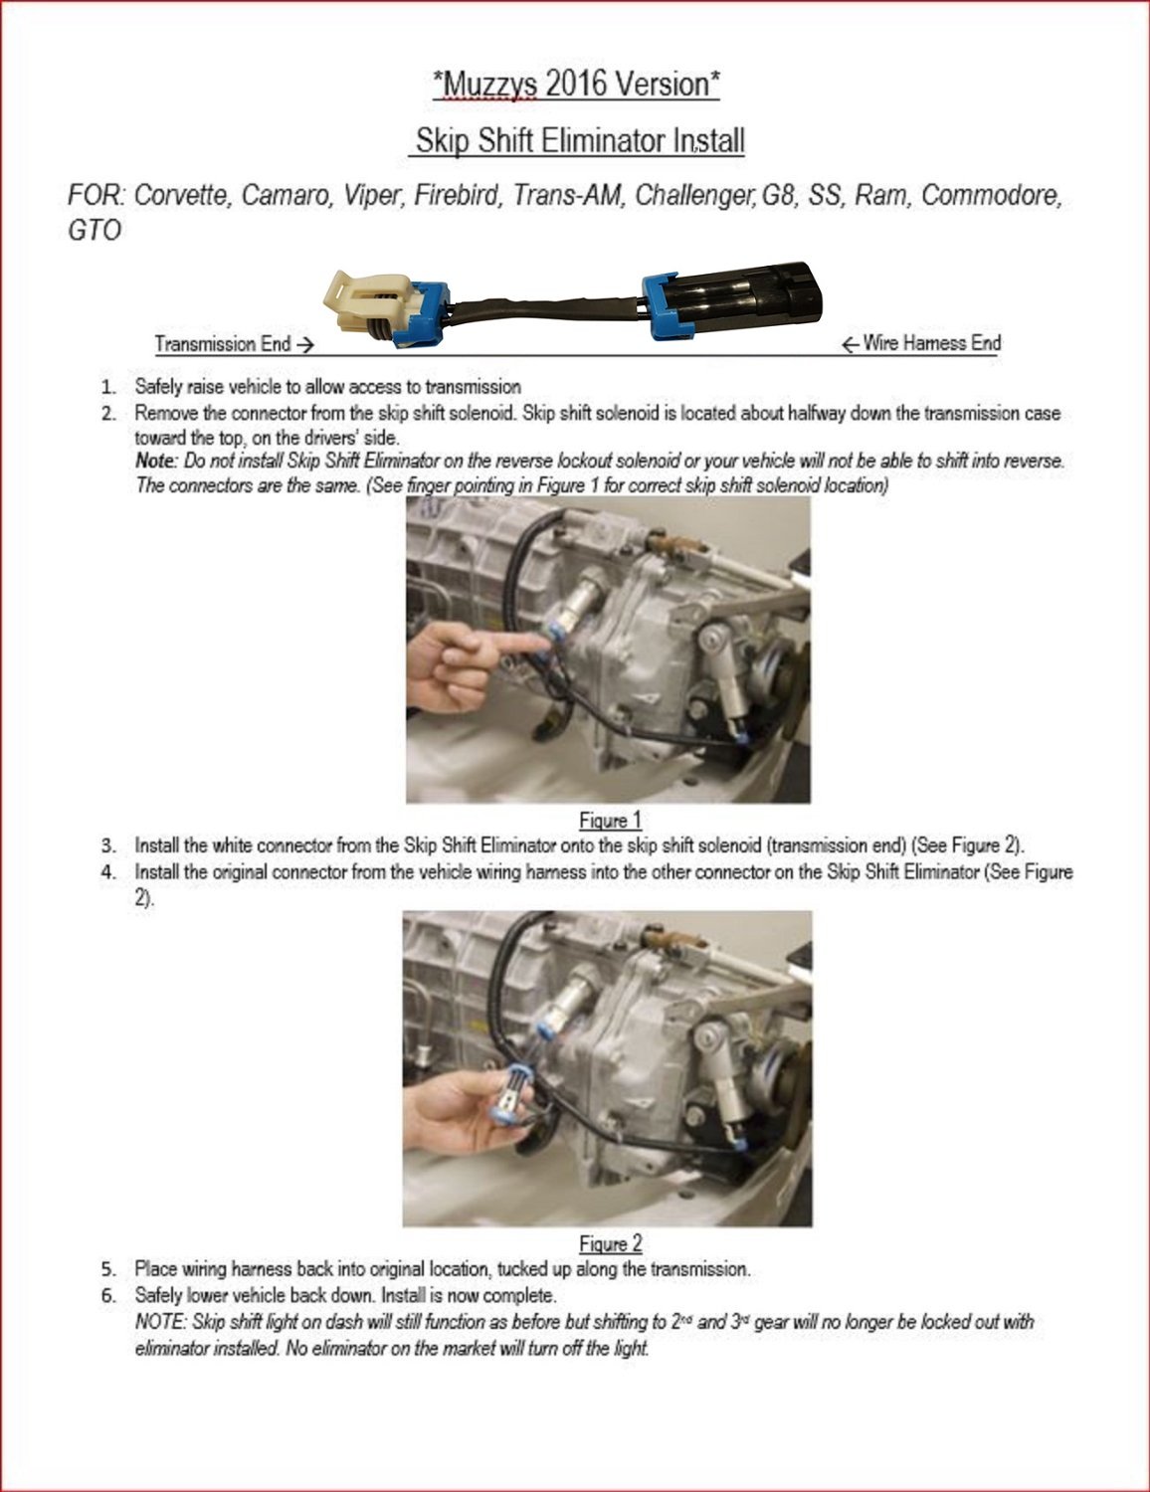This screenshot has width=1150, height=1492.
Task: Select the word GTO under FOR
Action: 95,231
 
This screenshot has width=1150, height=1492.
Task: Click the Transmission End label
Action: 234,344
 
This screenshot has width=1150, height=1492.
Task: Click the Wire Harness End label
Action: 921,343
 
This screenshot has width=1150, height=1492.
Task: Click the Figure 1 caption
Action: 610,821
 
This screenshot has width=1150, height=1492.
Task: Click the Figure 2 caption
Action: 610,1243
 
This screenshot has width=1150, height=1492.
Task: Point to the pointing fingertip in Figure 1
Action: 537,645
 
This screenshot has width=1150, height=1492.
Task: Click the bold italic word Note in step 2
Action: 155,462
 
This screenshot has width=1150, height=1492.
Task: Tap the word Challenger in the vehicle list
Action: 694,195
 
